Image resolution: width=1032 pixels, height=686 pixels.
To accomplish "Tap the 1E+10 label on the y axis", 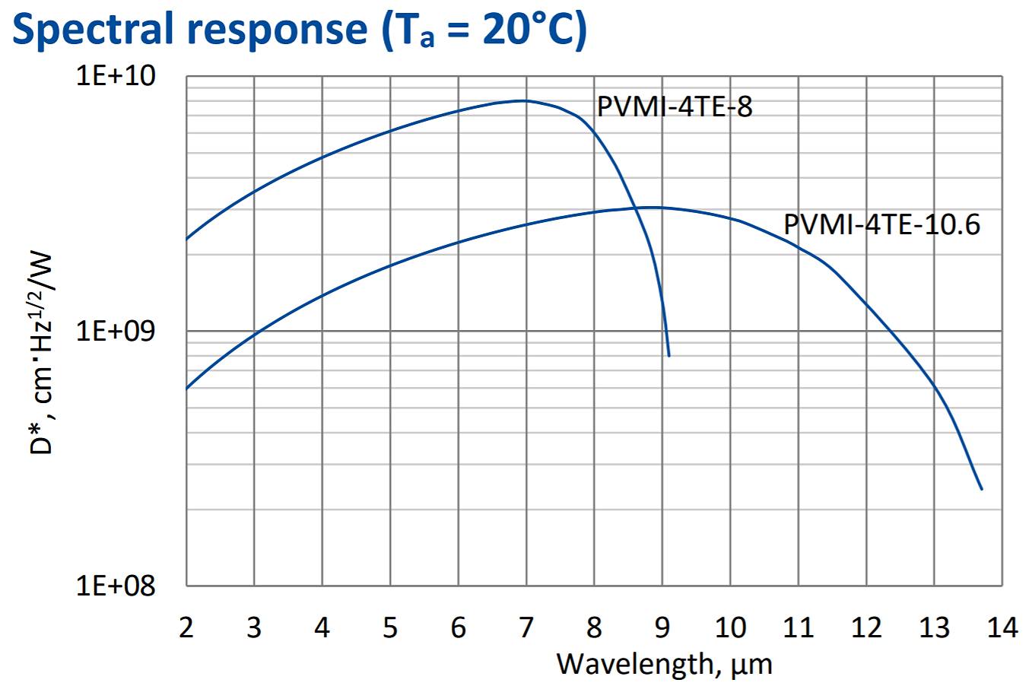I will [116, 77].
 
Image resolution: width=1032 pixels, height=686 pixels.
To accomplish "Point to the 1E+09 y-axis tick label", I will [116, 332].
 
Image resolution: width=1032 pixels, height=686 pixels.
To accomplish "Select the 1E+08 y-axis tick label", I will [116, 586].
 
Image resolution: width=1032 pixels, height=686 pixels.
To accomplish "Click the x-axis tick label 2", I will [186, 627].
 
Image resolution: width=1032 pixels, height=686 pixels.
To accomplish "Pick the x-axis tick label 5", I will [390, 627].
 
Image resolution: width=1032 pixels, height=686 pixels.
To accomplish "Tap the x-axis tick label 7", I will [526, 627].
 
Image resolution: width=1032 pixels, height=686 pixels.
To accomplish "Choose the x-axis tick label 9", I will [662, 627].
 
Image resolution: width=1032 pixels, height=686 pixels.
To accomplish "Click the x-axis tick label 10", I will [730, 627].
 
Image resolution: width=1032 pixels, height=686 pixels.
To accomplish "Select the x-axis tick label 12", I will [866, 627].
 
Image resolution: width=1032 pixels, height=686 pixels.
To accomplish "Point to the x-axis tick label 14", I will [1002, 627].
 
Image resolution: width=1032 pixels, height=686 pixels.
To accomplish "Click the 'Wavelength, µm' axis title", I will [664, 663].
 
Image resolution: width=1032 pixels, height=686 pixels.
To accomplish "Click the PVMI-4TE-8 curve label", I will [675, 107].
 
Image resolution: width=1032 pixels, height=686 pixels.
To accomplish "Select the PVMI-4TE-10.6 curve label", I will [882, 225].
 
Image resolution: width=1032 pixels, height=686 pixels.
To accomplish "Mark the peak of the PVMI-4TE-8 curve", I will [525, 100].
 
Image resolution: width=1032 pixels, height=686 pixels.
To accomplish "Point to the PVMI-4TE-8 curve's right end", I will [668, 355].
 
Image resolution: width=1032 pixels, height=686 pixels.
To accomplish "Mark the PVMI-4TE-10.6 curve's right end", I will [982, 489].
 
